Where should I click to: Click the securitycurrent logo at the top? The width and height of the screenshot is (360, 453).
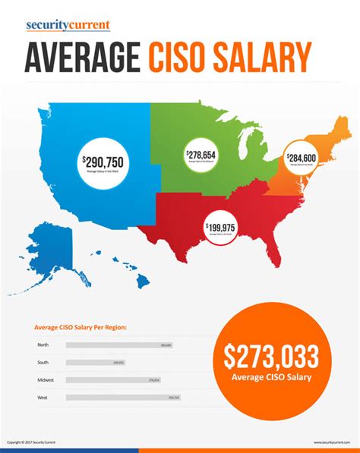(68, 25)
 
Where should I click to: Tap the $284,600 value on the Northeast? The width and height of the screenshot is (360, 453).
(302, 158)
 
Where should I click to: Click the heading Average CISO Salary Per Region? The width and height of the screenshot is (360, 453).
(81, 328)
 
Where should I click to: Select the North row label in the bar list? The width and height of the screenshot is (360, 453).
(43, 345)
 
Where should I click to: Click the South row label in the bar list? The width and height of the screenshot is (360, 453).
(43, 363)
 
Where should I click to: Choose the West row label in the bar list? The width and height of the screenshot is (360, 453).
(43, 397)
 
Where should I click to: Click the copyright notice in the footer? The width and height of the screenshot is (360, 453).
(31, 442)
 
